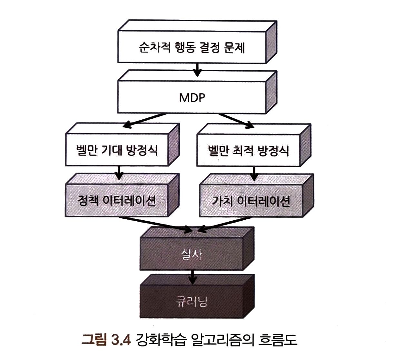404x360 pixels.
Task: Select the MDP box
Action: pyautogui.click(x=192, y=97)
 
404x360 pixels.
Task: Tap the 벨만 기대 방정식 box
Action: pyautogui.click(x=117, y=150)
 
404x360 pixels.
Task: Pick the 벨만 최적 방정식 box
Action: pyautogui.click(x=248, y=151)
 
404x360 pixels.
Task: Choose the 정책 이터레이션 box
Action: pyautogui.click(x=117, y=200)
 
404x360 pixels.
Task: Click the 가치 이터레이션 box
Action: pyautogui.click(x=251, y=201)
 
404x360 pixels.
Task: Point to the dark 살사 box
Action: pyautogui.click(x=192, y=255)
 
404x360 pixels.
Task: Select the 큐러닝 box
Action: pyautogui.click(x=192, y=301)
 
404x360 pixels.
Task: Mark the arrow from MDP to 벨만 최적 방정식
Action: pyautogui.click(x=235, y=120)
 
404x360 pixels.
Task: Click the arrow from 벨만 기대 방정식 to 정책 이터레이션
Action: pyautogui.click(x=119, y=172)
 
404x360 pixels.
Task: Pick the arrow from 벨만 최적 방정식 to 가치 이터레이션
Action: pyautogui.click(x=254, y=173)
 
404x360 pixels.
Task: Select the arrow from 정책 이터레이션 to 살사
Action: pyautogui.click(x=155, y=224)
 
